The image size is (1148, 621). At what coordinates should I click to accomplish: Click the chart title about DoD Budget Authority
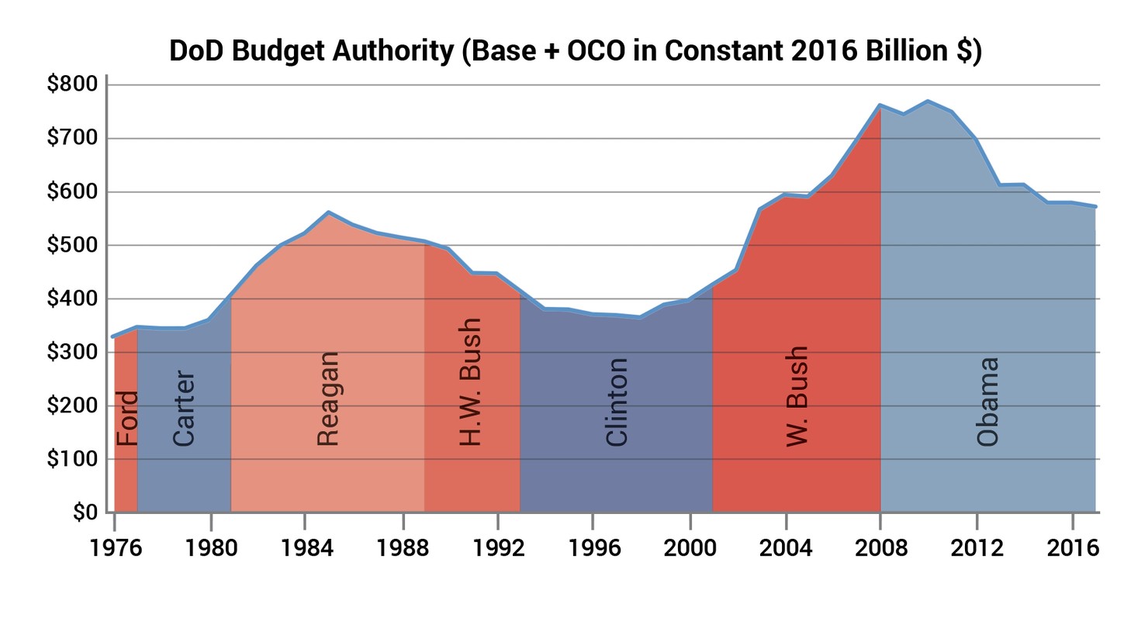pyautogui.click(x=575, y=51)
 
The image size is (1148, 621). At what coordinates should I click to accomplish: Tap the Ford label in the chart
pyautogui.click(x=126, y=419)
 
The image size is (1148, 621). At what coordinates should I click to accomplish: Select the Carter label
pyautogui.click(x=184, y=409)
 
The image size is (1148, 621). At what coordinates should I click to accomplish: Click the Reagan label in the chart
pyautogui.click(x=328, y=399)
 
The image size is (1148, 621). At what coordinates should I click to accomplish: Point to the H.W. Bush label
pyautogui.click(x=470, y=382)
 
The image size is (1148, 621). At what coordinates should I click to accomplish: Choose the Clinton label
pyautogui.click(x=617, y=402)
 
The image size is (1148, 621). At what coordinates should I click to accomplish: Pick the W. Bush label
pyautogui.click(x=797, y=396)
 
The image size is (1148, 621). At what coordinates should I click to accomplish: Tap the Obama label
pyautogui.click(x=987, y=402)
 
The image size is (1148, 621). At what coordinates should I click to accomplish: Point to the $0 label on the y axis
pyautogui.click(x=85, y=512)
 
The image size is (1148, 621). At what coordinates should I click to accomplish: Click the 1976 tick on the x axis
pyautogui.click(x=115, y=548)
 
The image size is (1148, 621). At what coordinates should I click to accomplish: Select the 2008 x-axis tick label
pyautogui.click(x=881, y=548)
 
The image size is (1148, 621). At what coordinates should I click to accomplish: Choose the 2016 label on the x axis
pyautogui.click(x=1073, y=548)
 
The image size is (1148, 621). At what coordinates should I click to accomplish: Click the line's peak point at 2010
pyautogui.click(x=928, y=101)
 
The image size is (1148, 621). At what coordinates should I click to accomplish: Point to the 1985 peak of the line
pyautogui.click(x=329, y=212)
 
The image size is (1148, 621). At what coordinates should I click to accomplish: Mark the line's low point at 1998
pyautogui.click(x=641, y=317)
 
